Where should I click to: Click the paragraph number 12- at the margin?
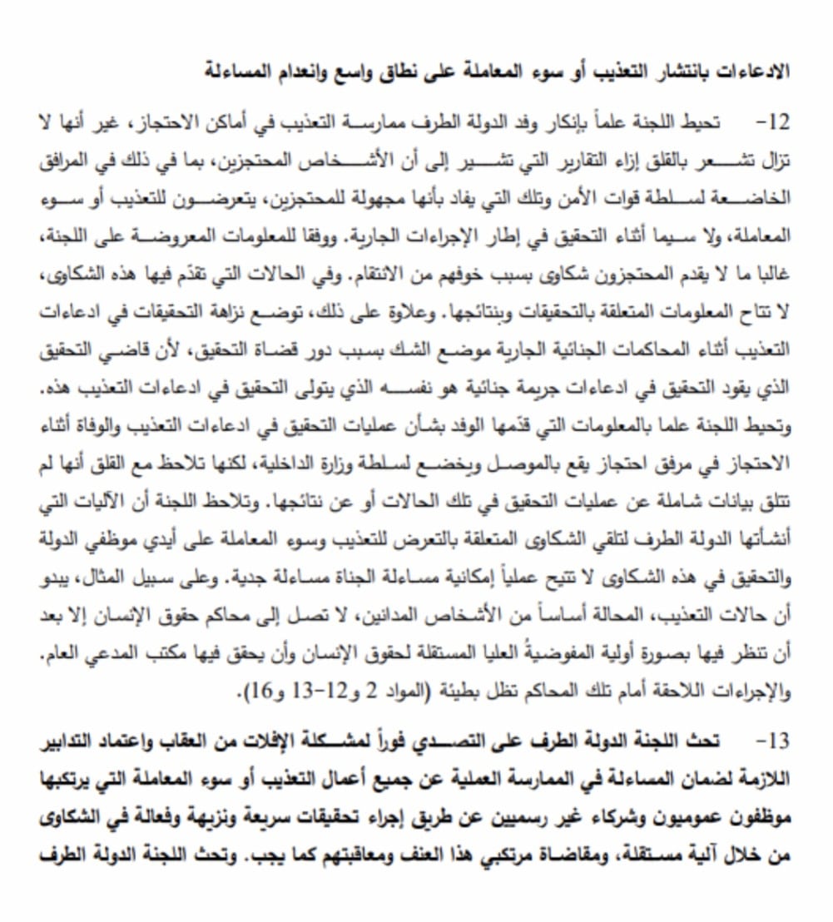pos(771,124)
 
